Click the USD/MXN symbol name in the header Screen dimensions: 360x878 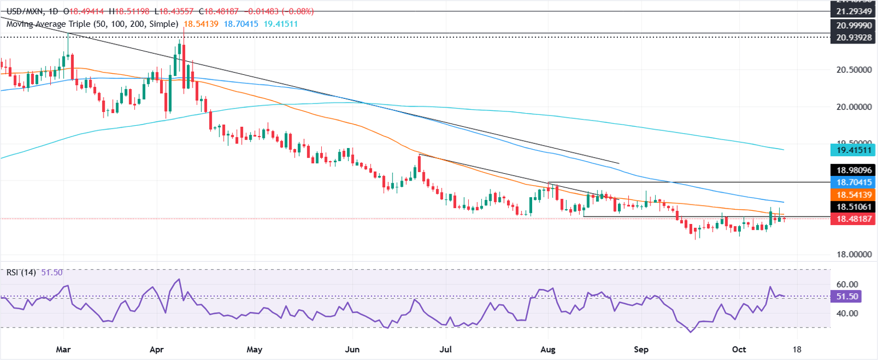pos(21,11)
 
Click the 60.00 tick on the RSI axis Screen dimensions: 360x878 pos(848,285)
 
